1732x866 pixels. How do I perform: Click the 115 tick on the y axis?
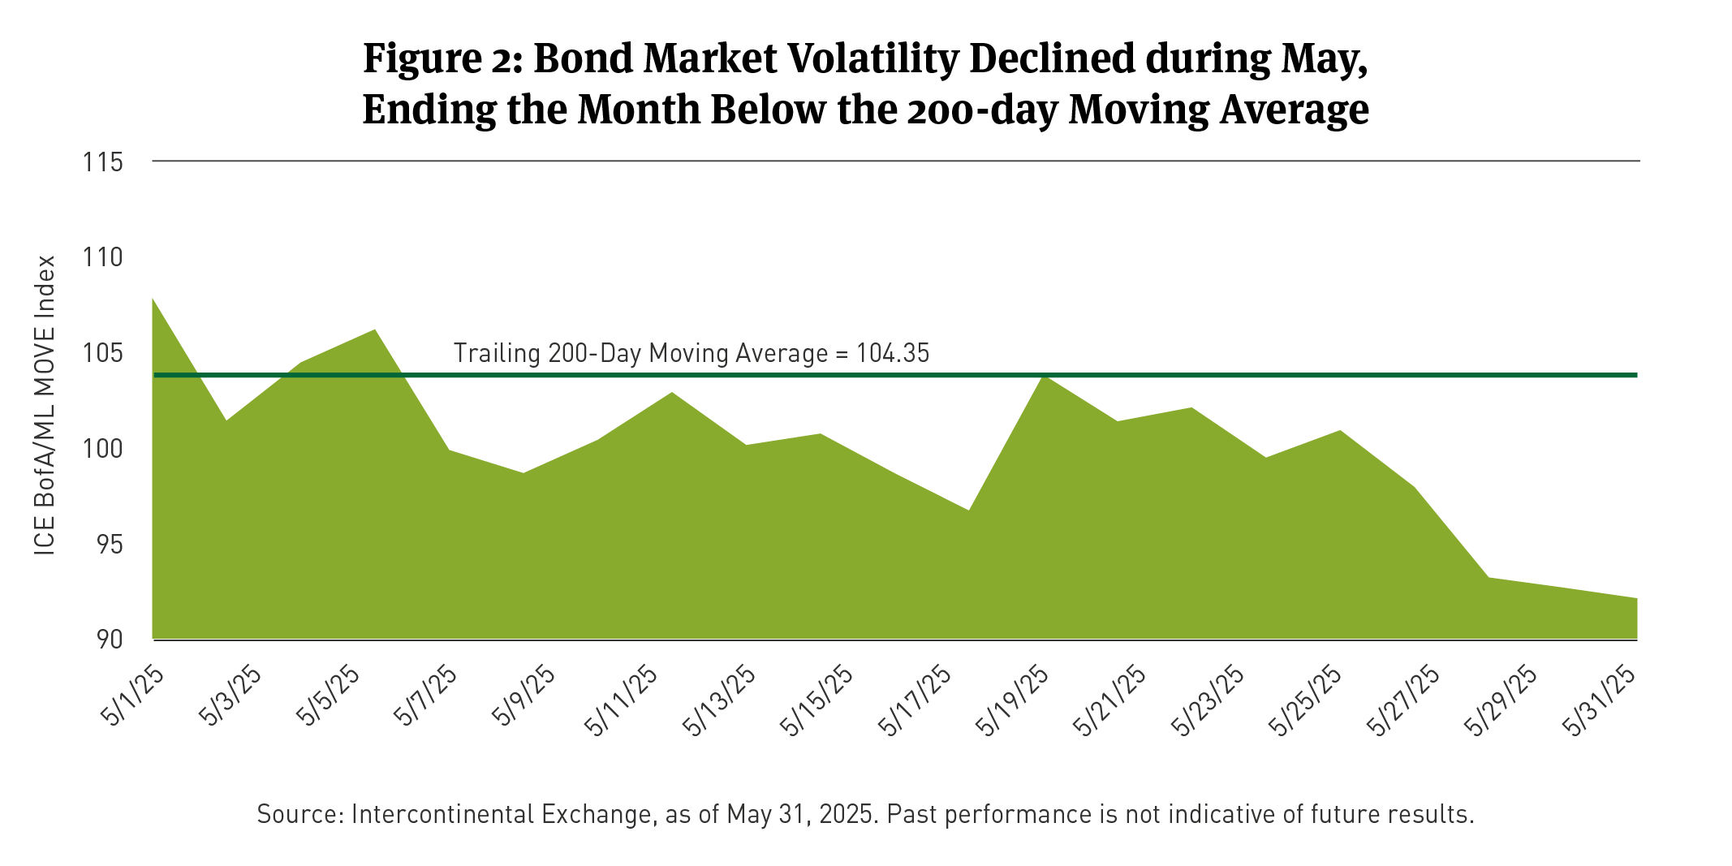103,162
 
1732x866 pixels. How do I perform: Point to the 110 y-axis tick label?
103,258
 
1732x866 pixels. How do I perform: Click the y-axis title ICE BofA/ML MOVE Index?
45,406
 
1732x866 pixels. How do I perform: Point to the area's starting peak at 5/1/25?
154,299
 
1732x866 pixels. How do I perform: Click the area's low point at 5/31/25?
1635,599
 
